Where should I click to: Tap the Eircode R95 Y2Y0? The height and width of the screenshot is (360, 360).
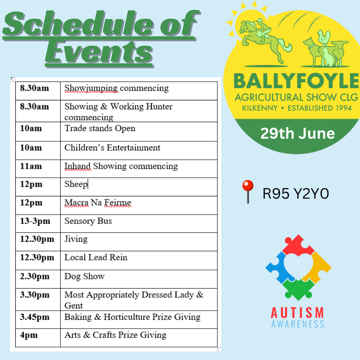pos(296,193)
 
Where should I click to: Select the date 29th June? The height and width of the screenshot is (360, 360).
pos(298,133)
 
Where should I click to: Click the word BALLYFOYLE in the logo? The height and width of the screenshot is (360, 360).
pos(296,81)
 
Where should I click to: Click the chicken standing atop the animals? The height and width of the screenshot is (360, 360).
pos(323,37)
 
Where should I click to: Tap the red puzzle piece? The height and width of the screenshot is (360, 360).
pos(298,245)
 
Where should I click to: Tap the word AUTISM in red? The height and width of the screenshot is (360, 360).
pos(297,312)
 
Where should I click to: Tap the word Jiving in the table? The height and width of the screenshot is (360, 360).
pos(76,239)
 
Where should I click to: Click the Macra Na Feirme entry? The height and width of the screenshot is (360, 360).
pos(98,203)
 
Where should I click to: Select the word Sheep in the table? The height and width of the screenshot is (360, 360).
pos(76,184)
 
